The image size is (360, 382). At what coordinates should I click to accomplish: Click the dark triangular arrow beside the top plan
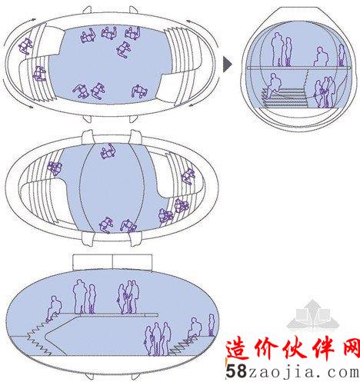227,64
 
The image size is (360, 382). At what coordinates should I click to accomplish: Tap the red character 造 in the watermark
238,350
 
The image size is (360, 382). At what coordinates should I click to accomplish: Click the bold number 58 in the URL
236,370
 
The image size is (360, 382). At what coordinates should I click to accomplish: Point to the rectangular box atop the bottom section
112,262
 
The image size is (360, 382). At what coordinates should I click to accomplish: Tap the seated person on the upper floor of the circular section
321,57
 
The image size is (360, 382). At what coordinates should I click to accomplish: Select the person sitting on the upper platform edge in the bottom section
53,309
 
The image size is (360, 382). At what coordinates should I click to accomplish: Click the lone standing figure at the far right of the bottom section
211,325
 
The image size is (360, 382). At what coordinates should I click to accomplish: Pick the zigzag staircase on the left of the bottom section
40,338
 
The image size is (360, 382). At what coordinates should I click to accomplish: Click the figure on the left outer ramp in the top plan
25,46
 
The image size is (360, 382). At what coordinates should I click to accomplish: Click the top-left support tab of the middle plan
88,137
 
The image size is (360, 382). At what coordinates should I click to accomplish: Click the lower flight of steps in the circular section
285,98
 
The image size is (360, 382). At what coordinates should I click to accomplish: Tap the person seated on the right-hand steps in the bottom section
194,330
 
